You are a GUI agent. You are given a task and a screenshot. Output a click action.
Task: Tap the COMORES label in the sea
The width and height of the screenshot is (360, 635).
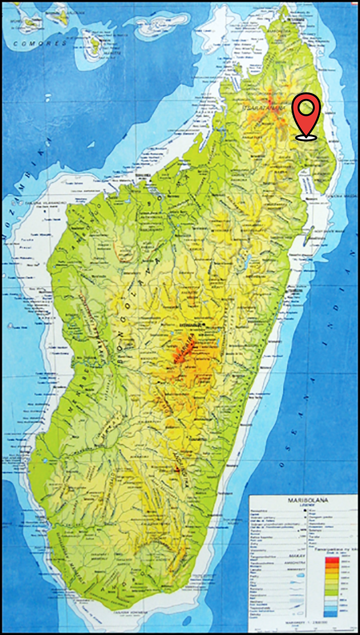click(x=40, y=43)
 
